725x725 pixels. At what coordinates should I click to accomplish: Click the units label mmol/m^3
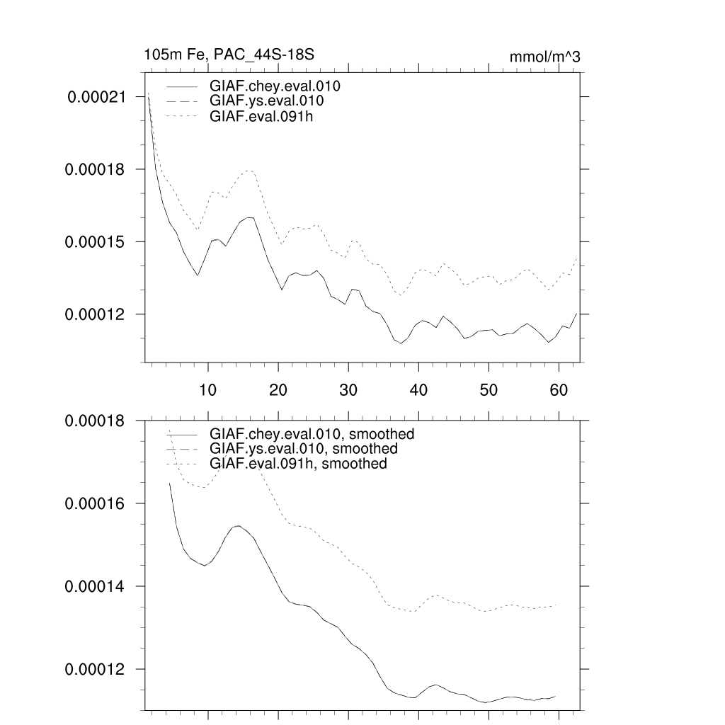pyautogui.click(x=544, y=57)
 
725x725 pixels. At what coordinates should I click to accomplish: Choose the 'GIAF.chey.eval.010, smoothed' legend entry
pyautogui.click(x=312, y=433)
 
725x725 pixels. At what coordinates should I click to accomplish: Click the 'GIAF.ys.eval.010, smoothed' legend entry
pyautogui.click(x=303, y=449)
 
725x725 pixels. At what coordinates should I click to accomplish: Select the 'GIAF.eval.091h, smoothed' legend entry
pyautogui.click(x=298, y=464)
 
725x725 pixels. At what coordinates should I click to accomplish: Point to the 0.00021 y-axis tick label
pyautogui.click(x=96, y=97)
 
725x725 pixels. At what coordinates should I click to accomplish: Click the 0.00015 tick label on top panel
pyautogui.click(x=96, y=242)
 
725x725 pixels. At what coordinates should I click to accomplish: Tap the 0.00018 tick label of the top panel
pyautogui.click(x=96, y=170)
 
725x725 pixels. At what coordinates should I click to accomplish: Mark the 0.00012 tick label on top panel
pyautogui.click(x=96, y=314)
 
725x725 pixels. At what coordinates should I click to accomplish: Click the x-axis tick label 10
pyautogui.click(x=208, y=389)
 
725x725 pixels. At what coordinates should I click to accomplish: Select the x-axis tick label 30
pyautogui.click(x=348, y=389)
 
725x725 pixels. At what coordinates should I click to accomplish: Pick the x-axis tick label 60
pyautogui.click(x=559, y=389)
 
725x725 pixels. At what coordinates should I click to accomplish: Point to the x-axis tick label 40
pyautogui.click(x=418, y=389)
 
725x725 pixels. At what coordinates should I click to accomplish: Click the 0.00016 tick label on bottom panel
pyautogui.click(x=96, y=503)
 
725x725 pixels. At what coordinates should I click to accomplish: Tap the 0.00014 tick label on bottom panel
pyautogui.click(x=96, y=587)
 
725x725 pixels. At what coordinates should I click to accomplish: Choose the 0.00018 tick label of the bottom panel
pyautogui.click(x=96, y=421)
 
